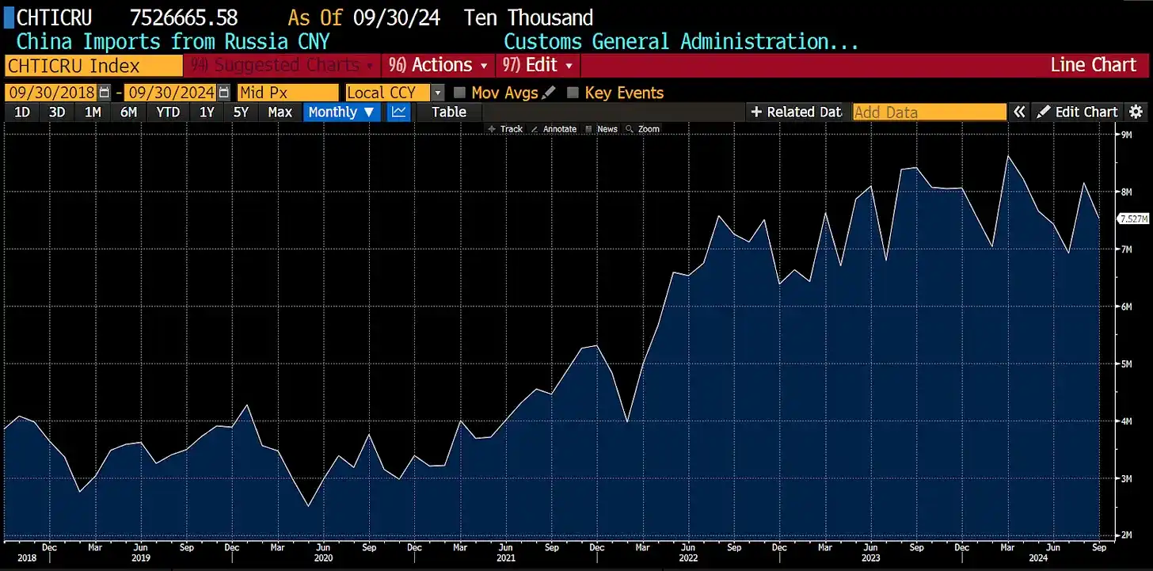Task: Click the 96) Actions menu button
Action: coord(438,65)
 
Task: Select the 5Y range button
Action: coord(241,112)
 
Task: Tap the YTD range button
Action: coord(168,112)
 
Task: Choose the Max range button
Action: coord(280,112)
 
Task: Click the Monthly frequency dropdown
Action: coord(341,112)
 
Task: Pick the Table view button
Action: coord(448,112)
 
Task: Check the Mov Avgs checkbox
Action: coord(459,93)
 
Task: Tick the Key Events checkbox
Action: coord(573,93)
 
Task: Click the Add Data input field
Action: coord(929,112)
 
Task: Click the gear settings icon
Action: coord(1136,112)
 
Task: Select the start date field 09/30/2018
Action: coord(51,93)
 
